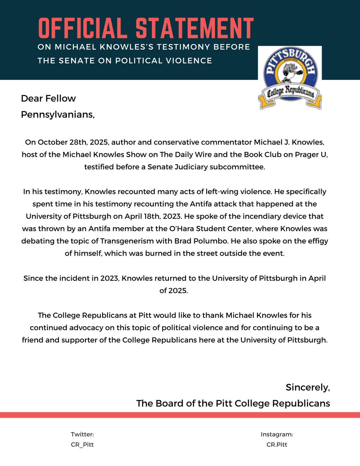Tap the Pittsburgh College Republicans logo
point(290,78)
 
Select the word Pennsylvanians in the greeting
point(57,115)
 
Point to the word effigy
point(317,241)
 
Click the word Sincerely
point(308,387)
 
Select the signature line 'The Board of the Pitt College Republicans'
point(233,403)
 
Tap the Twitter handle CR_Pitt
point(82,445)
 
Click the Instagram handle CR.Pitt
point(277,445)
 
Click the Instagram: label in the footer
point(277,435)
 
